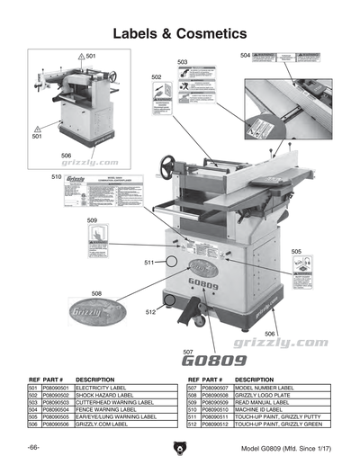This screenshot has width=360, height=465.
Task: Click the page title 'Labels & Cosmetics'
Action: click(179, 33)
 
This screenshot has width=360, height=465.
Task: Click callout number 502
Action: click(156, 78)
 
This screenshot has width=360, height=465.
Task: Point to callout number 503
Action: click(183, 62)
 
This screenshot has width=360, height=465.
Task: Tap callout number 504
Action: click(245, 56)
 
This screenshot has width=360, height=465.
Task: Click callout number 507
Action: click(188, 352)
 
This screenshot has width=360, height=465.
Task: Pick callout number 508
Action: click(96, 293)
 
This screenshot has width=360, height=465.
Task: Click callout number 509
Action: click(92, 220)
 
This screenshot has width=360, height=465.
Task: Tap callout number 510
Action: click(55, 179)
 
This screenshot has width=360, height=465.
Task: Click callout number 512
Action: click(150, 311)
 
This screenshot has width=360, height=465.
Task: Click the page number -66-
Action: click(32, 447)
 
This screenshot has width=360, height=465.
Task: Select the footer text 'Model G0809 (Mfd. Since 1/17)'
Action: click(285, 447)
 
